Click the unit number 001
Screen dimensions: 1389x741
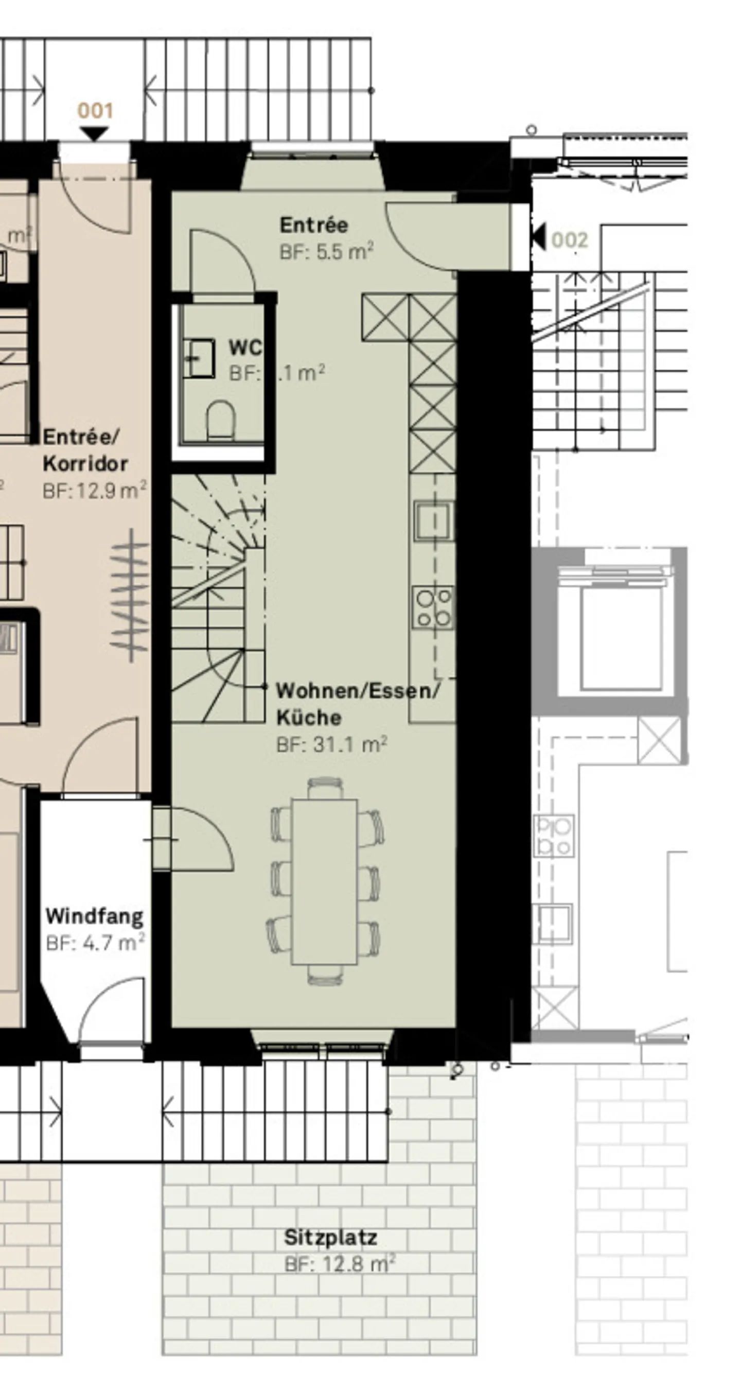tap(95, 111)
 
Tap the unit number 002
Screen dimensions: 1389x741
tap(570, 240)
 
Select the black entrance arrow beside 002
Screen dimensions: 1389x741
tap(538, 236)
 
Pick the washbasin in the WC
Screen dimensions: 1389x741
tap(199, 357)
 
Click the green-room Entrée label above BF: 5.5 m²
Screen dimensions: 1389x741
tap(314, 225)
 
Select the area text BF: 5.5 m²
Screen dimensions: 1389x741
tap(326, 252)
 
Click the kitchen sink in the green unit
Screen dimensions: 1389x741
tap(433, 521)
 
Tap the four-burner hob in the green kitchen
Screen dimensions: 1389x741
tap(433, 607)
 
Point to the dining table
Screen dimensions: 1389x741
tap(324, 881)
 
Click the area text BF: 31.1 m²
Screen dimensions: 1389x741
tap(331, 744)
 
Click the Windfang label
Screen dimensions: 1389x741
tap(95, 916)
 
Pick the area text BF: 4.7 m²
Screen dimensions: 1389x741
tap(95, 943)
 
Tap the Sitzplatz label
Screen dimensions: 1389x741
tap(330, 1237)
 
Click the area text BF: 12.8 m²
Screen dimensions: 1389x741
tap(340, 1264)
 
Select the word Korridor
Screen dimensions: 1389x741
tap(85, 464)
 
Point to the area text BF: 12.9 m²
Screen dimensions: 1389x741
tap(94, 491)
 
